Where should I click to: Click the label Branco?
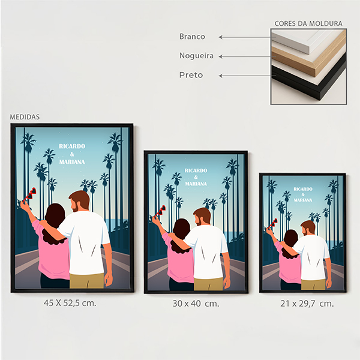pyautogui.click(x=192, y=37)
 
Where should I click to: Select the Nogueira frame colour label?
pyautogui.click(x=197, y=56)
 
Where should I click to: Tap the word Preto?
pyautogui.click(x=191, y=75)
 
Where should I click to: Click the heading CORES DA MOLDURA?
pyautogui.click(x=308, y=23)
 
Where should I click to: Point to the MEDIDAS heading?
pyautogui.click(x=25, y=117)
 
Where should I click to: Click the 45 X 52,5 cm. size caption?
pyautogui.click(x=70, y=303)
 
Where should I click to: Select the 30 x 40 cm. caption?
pyautogui.click(x=196, y=304)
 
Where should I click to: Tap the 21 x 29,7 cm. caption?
pyautogui.click(x=307, y=304)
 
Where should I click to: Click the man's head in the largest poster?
pyautogui.click(x=79, y=201)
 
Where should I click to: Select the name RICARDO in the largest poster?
pyautogui.click(x=72, y=146)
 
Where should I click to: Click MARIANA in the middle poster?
pyautogui.click(x=196, y=184)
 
